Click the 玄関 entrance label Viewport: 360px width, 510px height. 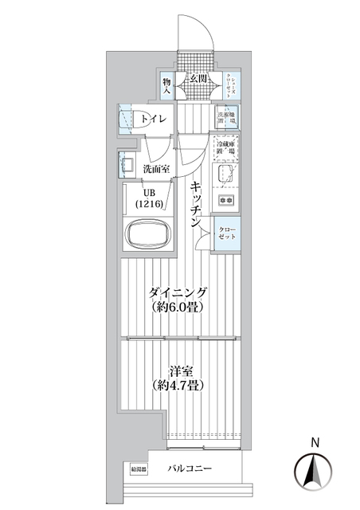pyautogui.click(x=198, y=78)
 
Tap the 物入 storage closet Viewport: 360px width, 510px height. pyautogui.click(x=167, y=85)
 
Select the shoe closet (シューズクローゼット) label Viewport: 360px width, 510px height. pyautogui.click(x=229, y=85)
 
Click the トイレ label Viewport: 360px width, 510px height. pyautogui.click(x=155, y=120)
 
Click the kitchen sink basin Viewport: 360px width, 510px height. pyautogui.click(x=224, y=175)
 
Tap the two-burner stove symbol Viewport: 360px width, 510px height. pyautogui.click(x=225, y=199)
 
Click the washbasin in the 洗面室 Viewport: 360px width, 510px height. pyautogui.click(x=127, y=166)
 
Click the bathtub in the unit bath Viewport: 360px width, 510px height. pyautogui.click(x=151, y=236)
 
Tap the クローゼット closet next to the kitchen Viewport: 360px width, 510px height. pyautogui.click(x=229, y=233)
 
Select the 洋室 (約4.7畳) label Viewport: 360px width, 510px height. pyautogui.click(x=177, y=377)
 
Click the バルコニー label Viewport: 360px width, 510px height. pyautogui.click(x=190, y=469)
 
